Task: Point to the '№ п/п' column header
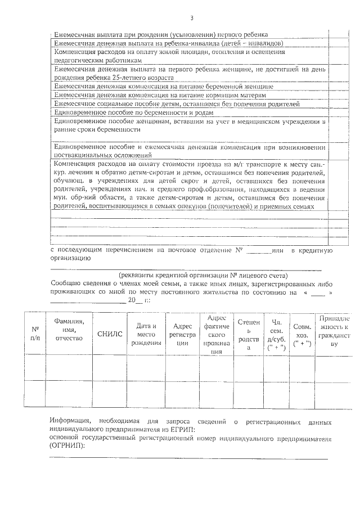pyautogui.click(x=35, y=333)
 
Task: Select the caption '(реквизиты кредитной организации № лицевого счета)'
pyautogui.click(x=203, y=276)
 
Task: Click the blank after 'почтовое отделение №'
pyautogui.click(x=259, y=250)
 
